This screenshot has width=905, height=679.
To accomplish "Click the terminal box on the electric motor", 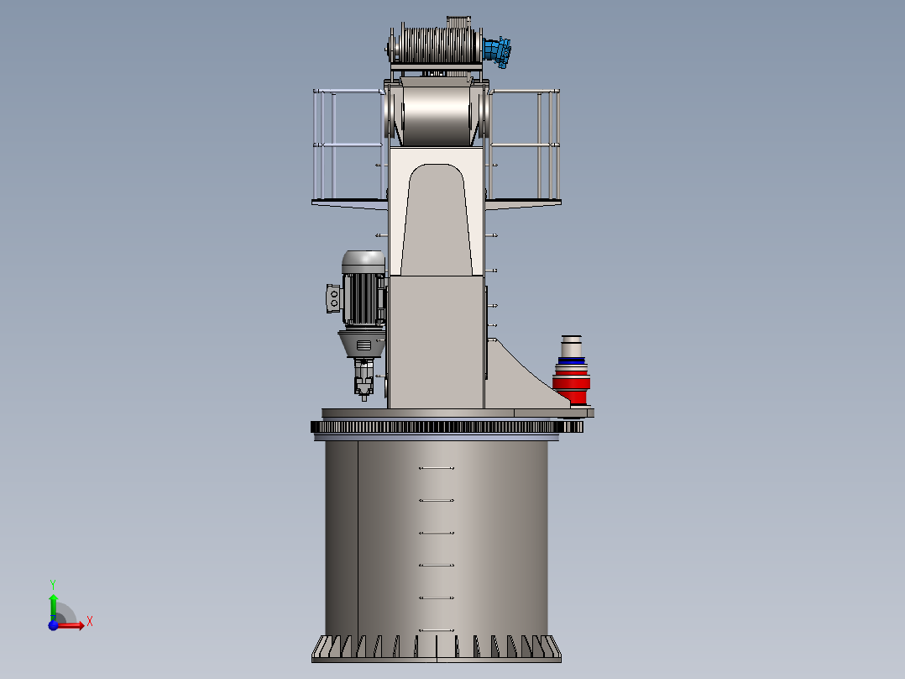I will [x=333, y=298].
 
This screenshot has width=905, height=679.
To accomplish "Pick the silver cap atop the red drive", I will [x=572, y=345].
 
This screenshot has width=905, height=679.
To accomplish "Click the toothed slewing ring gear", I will [x=445, y=428].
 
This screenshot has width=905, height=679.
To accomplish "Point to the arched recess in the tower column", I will [x=436, y=218].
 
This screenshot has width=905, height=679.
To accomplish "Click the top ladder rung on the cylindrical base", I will [x=436, y=468].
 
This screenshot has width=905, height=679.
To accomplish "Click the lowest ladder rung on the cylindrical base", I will [x=436, y=629].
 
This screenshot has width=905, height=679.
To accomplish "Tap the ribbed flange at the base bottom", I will [x=437, y=649].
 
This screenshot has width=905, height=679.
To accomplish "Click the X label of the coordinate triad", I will [x=90, y=621].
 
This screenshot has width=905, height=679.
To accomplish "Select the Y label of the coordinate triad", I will [x=53, y=583].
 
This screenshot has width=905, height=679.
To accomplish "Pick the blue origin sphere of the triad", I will [x=54, y=625].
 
